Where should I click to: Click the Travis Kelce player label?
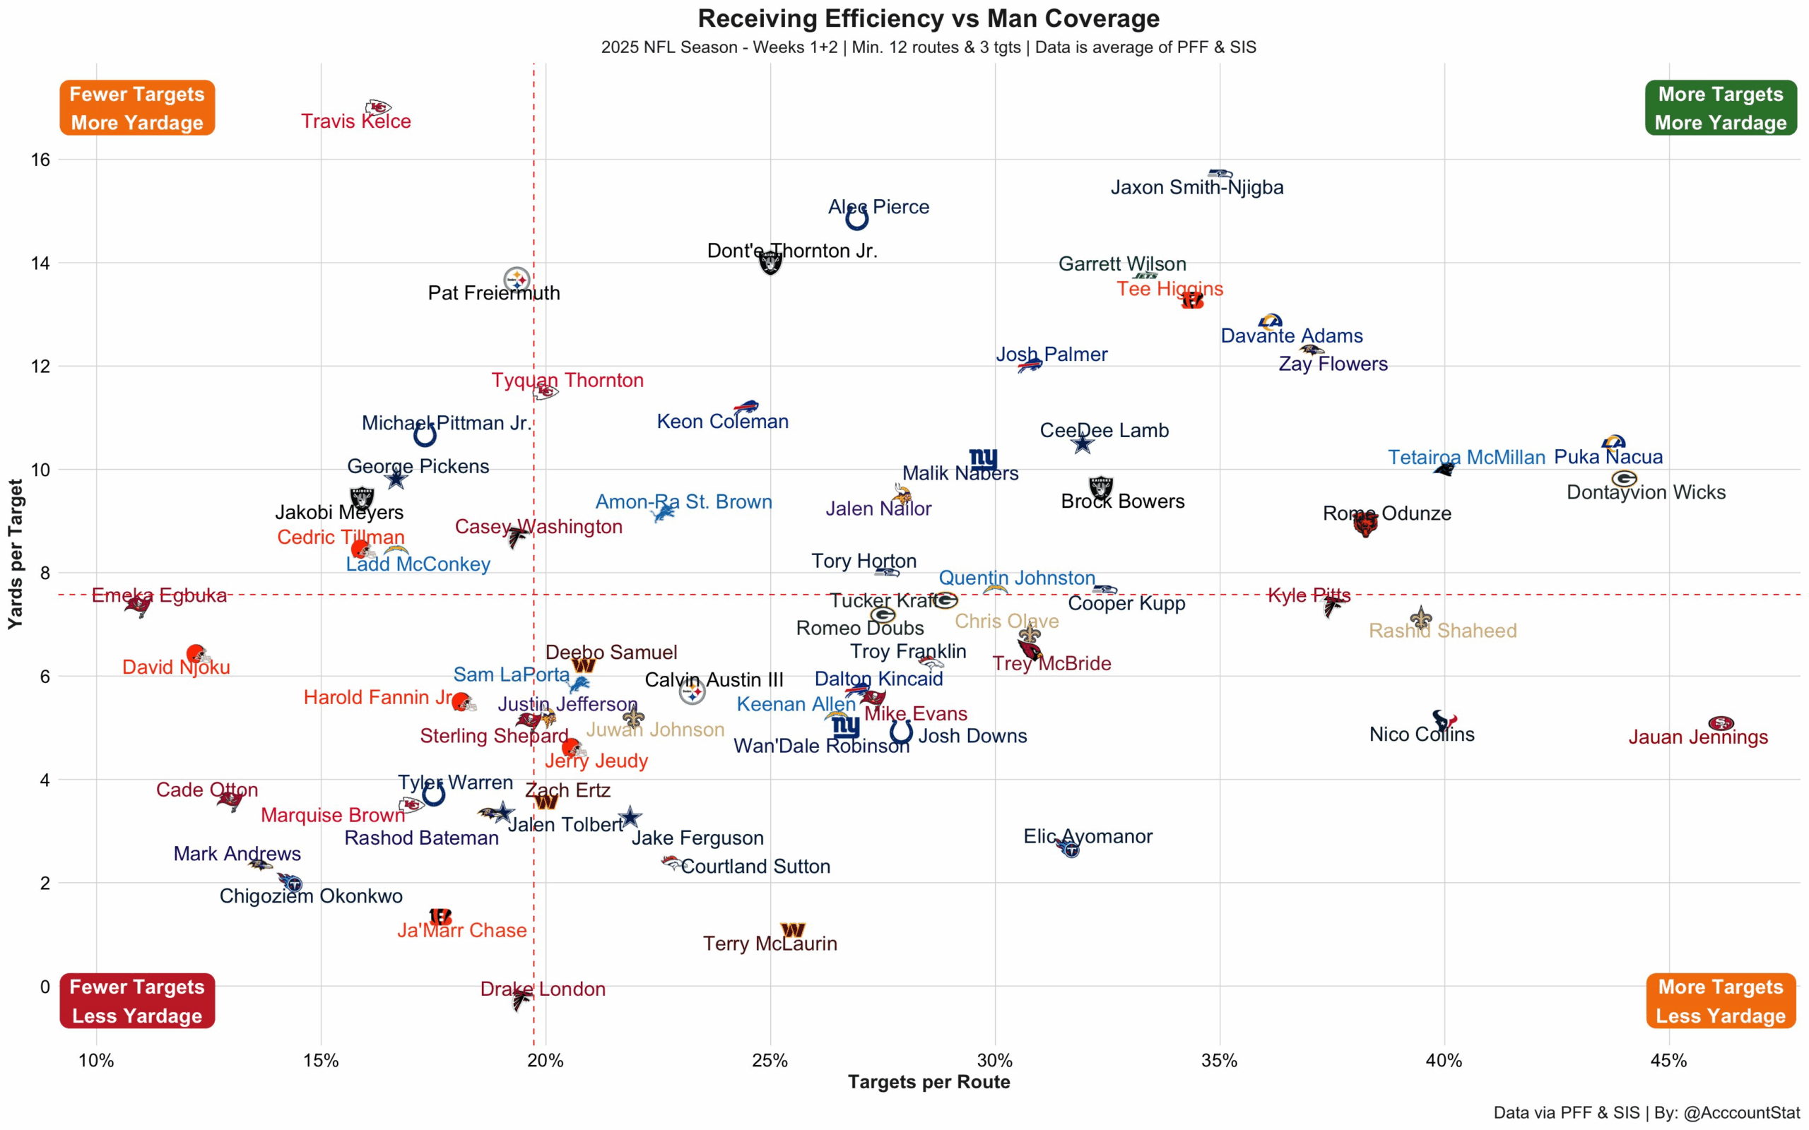point(356,121)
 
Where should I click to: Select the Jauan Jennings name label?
point(1697,737)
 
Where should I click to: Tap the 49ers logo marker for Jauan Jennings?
point(1720,722)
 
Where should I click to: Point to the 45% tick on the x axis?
point(1668,1061)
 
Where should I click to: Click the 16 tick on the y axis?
point(40,159)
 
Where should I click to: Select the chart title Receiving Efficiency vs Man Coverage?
point(929,18)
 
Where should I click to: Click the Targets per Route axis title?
point(929,1081)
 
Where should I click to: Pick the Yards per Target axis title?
point(15,554)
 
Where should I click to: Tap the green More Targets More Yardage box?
point(1720,107)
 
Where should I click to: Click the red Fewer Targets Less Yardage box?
point(137,1001)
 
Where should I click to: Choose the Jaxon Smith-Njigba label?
point(1197,187)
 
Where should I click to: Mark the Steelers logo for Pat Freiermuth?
point(517,280)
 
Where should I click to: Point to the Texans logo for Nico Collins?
point(1444,720)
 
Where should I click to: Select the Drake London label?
point(543,989)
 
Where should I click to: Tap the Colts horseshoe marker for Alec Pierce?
point(856,219)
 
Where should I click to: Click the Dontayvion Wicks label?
point(1646,492)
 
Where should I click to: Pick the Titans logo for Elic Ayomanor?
point(1069,848)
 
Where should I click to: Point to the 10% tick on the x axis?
point(96,1061)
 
